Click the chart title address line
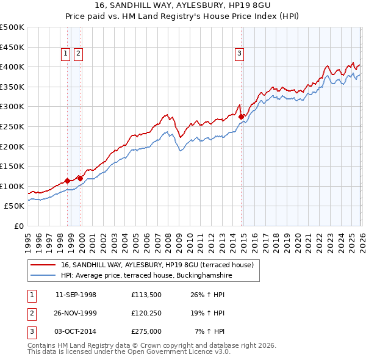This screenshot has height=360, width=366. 182,5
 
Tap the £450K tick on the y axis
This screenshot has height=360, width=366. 12,47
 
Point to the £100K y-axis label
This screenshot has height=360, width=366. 12,187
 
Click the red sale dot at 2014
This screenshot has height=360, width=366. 242,116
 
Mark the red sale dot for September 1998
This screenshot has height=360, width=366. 67,180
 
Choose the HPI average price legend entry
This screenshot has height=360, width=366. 146,276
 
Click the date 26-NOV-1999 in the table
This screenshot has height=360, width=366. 76,313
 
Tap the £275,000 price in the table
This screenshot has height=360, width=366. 146,331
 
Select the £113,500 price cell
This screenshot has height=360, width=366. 146,295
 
